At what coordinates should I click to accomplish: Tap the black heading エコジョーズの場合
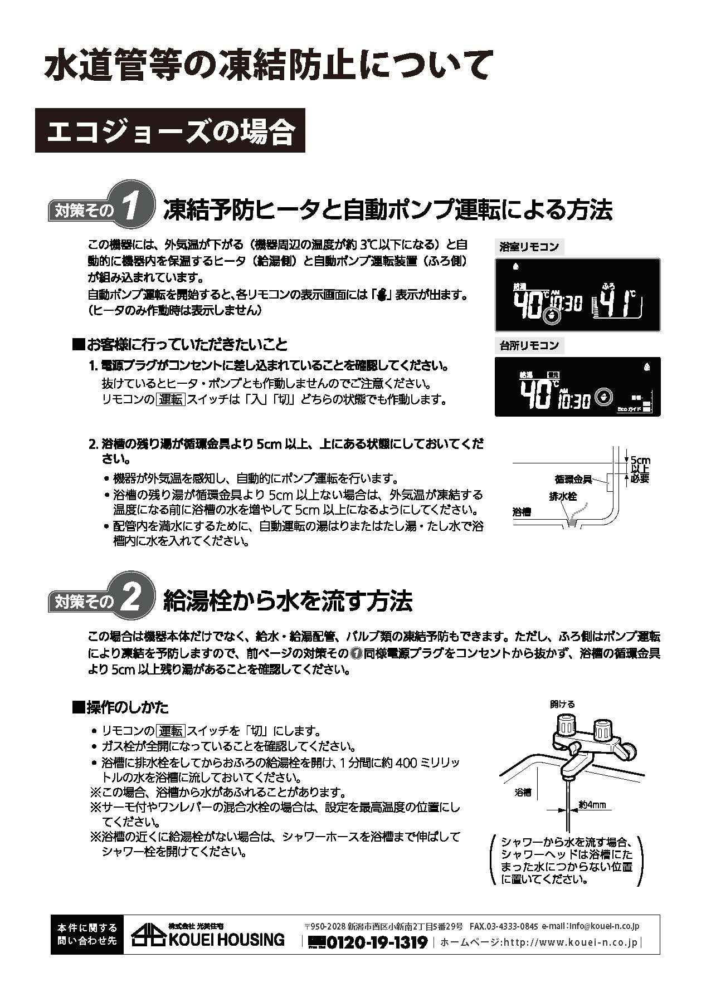170,130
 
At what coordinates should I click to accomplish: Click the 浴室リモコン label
529,247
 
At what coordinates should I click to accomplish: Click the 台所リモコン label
529,345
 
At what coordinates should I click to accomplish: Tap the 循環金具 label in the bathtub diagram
573,479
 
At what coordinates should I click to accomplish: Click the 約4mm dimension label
592,805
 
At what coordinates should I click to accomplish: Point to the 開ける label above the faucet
562,704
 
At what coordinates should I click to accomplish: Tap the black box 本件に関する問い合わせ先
87,934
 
